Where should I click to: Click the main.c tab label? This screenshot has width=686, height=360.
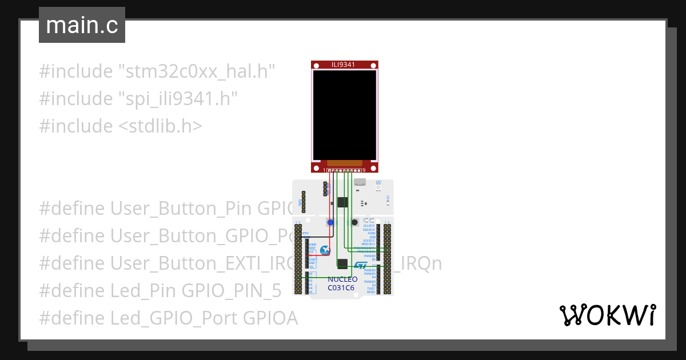point(82,25)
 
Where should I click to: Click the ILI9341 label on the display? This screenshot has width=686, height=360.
point(344,65)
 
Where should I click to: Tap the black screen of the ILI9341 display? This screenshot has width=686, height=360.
point(344,115)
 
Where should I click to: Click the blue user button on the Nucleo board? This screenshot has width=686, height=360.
point(330,222)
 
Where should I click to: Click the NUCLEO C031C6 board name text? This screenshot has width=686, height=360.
point(342,283)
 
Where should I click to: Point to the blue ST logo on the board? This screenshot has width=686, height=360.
point(362,266)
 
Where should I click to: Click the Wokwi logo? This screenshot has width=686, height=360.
point(607,315)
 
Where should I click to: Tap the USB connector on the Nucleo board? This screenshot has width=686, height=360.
point(360,182)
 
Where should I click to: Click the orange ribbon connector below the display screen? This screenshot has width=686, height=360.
point(344,163)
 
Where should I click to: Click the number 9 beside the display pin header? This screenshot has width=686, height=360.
point(364,170)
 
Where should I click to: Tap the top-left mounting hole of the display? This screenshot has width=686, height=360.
point(315,65)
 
